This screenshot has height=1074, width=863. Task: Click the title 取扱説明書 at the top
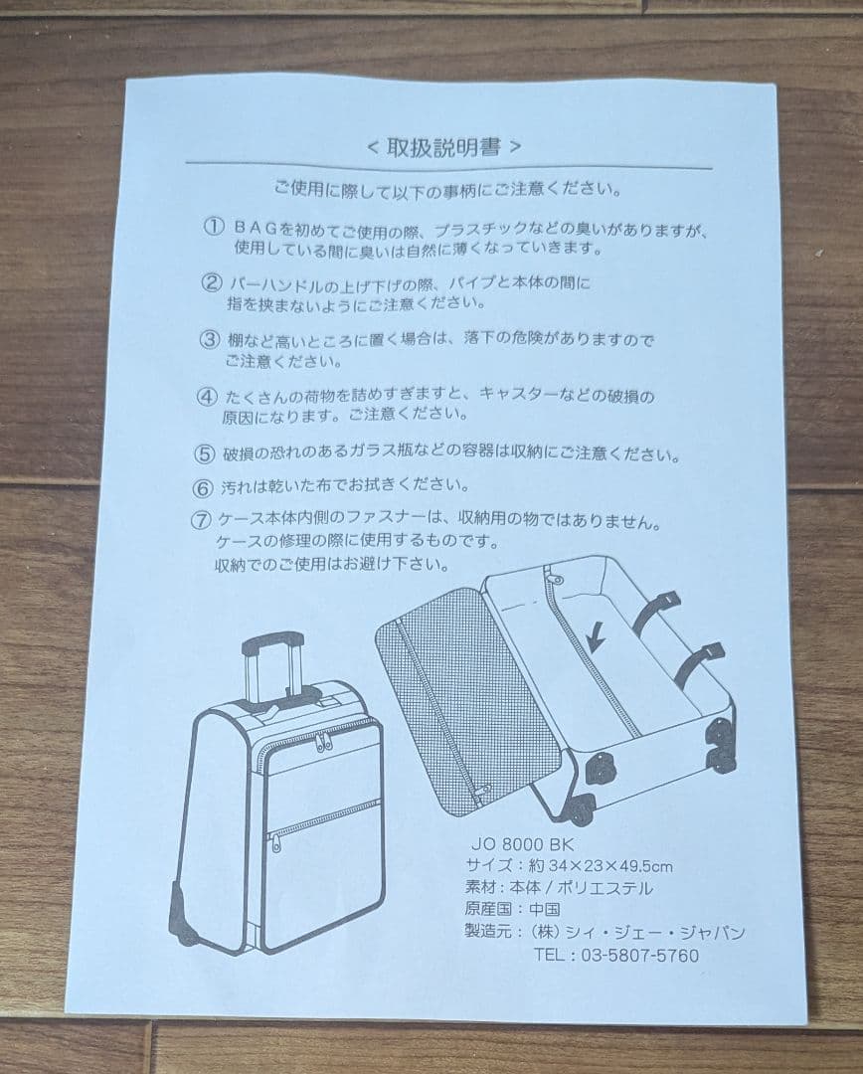443,147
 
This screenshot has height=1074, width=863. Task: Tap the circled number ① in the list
213,227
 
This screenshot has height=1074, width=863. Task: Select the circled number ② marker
210,282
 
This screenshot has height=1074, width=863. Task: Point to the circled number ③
209,339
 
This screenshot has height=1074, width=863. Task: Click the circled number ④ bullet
207,396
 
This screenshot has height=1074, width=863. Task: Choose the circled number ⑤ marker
204,454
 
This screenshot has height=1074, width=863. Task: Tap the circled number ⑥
203,487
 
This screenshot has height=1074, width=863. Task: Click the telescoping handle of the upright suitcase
271,661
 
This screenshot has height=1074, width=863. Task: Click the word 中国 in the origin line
544,910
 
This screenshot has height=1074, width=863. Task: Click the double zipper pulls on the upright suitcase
323,741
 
